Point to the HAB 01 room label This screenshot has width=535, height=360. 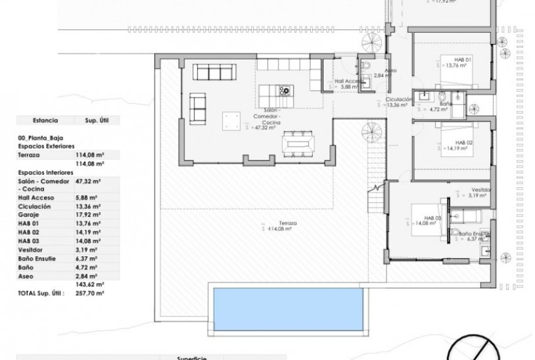(446, 59)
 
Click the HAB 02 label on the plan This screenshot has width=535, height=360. (446, 143)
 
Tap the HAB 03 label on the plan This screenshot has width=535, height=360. (417, 217)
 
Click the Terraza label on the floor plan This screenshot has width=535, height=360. (271, 223)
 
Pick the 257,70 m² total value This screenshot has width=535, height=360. (89, 293)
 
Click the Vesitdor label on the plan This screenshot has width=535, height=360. (480, 189)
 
